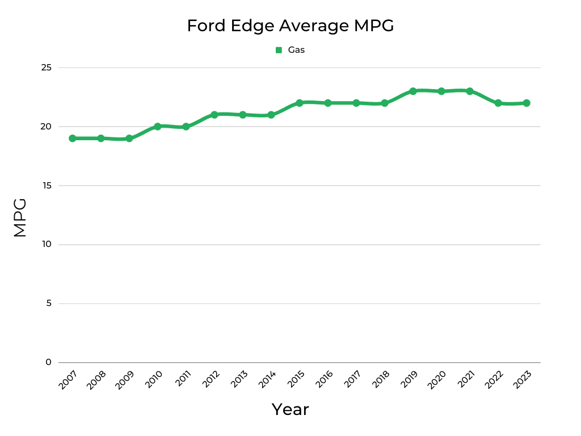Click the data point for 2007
coord(73,139)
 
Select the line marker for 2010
coord(158,127)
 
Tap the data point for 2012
coord(214,115)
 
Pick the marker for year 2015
coord(300,103)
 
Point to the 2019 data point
coord(413,91)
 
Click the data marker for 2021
coord(470,91)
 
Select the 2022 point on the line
coord(498,103)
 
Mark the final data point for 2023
coord(527,103)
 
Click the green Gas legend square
coord(279,50)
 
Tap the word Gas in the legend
coord(296,50)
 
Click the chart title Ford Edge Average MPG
coord(290,26)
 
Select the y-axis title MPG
coord(20,217)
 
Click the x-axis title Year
coord(290,409)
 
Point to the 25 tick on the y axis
coord(46,68)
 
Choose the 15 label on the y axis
coord(46,186)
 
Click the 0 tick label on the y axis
coord(48,362)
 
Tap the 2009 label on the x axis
coord(125,380)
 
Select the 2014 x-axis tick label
coord(267,380)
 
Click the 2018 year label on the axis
coord(380,380)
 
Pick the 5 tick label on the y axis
coord(48,303)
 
